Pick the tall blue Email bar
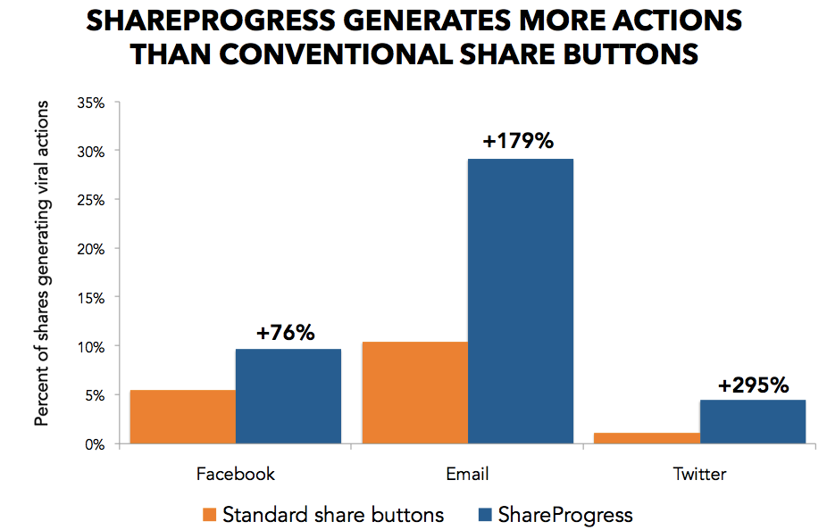pos(521,301)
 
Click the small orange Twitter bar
pos(647,437)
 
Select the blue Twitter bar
pos(753,421)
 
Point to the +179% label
pos(519,141)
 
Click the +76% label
pos(286,333)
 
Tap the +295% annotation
pos(753,385)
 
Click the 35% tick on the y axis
pos(91,103)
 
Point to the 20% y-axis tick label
pos(91,249)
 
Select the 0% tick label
pos(95,443)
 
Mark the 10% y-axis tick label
pos(91,346)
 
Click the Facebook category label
pos(235,474)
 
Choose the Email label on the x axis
pos(467,474)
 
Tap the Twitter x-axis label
pos(699,474)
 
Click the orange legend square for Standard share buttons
pos(210,515)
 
